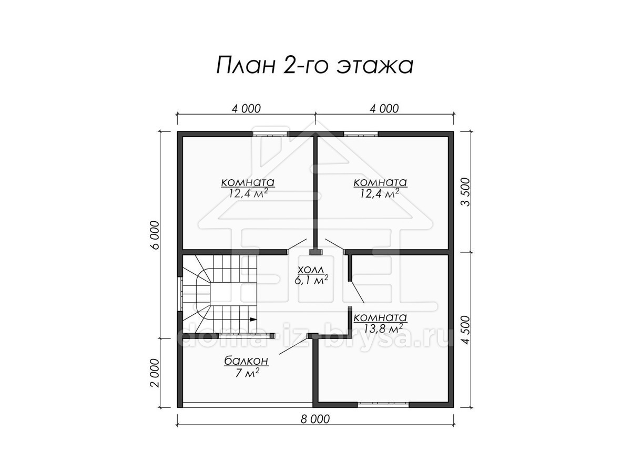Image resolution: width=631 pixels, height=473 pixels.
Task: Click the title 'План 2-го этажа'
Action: [315, 66]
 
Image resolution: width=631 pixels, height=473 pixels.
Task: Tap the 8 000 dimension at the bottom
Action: [315, 419]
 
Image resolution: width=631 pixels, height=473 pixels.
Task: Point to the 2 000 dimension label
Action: [155, 373]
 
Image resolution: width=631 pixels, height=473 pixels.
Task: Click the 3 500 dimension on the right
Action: [465, 192]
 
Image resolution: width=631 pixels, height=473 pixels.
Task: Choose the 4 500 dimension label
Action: [465, 330]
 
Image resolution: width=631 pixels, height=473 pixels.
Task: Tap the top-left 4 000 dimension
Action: [246, 109]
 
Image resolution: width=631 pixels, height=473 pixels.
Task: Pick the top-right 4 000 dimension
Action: [384, 109]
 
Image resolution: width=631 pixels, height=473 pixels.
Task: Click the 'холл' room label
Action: [311, 270]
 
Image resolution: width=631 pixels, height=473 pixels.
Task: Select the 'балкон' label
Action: [246, 361]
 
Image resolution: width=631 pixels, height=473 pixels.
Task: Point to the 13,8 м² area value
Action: [380, 328]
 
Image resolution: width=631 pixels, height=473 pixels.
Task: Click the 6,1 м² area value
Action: [311, 280]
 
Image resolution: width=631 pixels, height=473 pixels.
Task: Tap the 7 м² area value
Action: [247, 373]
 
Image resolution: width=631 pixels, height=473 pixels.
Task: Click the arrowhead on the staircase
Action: [253, 319]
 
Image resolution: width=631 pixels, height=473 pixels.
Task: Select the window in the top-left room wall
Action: [270, 134]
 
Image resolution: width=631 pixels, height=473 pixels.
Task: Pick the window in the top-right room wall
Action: [361, 134]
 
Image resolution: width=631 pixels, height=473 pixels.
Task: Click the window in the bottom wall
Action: [383, 405]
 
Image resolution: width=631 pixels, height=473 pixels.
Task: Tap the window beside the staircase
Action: [180, 294]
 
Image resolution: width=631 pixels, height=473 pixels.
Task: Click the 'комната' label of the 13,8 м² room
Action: [380, 317]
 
